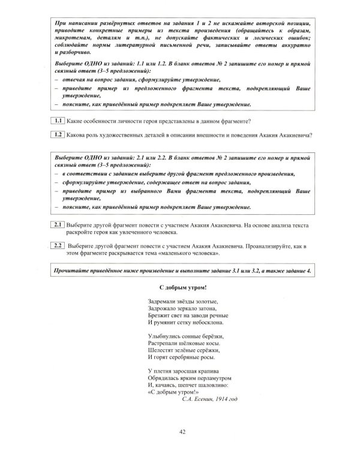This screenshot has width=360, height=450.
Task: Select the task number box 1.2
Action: (x=58, y=134)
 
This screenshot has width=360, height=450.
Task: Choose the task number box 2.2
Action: (x=58, y=245)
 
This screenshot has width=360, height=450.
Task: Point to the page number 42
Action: (x=182, y=431)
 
